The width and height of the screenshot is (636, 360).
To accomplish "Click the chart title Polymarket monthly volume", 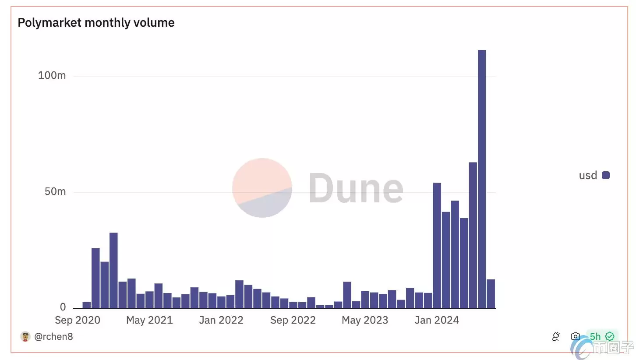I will tap(96, 23).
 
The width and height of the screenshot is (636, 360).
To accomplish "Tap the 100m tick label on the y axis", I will tap(52, 75).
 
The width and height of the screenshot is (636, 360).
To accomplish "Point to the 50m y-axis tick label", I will tap(55, 191).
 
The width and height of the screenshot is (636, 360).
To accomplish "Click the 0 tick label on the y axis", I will tap(63, 307).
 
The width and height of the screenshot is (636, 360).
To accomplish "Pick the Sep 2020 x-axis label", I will tap(78, 320).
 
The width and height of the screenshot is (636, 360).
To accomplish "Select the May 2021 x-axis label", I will tap(149, 320).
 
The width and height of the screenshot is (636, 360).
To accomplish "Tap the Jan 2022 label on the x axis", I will tap(221, 320).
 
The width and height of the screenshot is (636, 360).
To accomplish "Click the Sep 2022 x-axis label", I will tap(293, 320).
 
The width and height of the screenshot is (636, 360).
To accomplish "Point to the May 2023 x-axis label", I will tap(364, 320).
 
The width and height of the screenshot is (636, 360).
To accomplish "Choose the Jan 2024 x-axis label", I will tap(436, 320).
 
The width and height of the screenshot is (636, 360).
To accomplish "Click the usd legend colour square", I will tap(606, 175).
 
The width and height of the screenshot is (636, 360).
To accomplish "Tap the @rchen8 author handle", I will tap(53, 336).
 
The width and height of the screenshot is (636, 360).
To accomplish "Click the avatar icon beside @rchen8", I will tap(25, 336).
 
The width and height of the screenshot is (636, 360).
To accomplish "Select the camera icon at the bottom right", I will tap(575, 336).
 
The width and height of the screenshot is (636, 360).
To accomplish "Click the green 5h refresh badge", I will tap(601, 336).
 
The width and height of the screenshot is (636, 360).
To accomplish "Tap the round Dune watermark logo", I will tap(262, 187).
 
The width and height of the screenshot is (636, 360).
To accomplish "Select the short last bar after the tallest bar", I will tap(491, 293).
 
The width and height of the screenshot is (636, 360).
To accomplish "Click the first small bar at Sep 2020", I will tap(86, 305).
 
